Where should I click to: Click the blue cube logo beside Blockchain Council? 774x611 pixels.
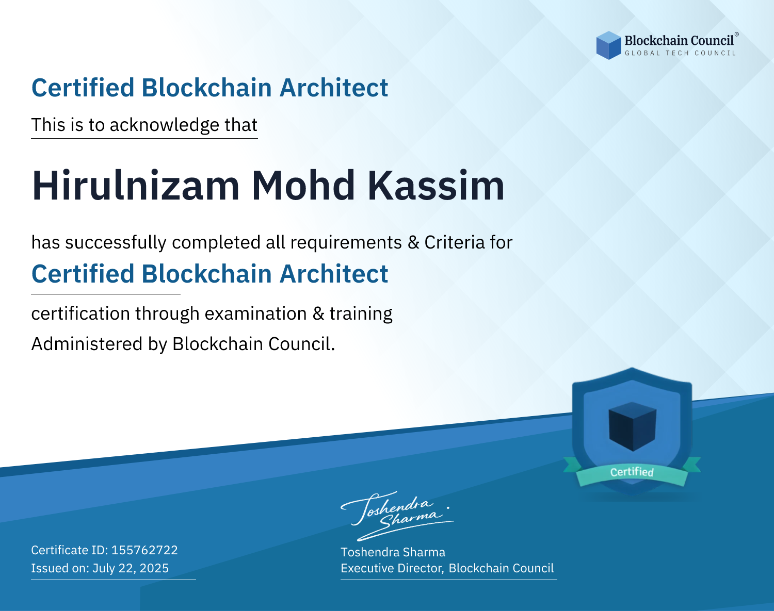[x=608, y=45]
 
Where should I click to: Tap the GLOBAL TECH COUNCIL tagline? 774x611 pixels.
[x=681, y=53]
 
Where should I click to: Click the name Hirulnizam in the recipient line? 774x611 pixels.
[x=136, y=186]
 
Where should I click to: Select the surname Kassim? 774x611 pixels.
[x=436, y=186]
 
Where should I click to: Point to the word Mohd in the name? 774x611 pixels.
[x=303, y=186]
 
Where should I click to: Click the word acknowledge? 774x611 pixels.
[x=165, y=125]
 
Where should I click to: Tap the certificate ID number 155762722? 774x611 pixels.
[x=144, y=550]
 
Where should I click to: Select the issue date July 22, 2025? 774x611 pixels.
[x=131, y=568]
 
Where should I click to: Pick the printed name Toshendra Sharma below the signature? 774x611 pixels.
[x=393, y=552]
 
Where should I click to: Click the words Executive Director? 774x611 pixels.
[x=392, y=568]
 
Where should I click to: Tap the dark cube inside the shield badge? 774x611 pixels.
[x=632, y=426]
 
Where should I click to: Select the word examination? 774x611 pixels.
[x=256, y=313]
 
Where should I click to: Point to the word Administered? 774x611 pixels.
[x=87, y=343]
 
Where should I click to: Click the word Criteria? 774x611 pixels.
[x=455, y=242]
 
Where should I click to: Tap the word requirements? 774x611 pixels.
[x=346, y=243]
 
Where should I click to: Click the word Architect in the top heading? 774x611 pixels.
[x=334, y=88]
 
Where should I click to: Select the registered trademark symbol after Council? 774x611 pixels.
[x=737, y=35]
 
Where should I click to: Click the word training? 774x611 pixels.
[x=361, y=313]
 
